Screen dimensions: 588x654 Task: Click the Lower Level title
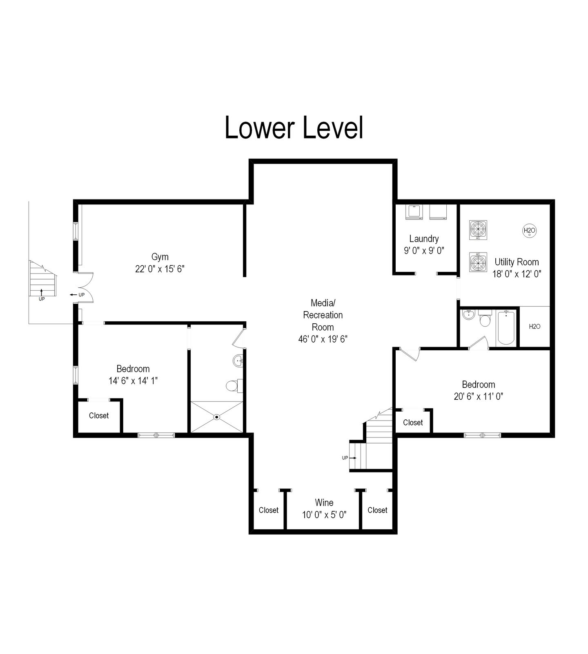[x=294, y=128]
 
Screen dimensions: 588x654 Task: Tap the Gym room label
[x=160, y=257]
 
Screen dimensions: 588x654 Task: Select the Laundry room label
[x=424, y=239]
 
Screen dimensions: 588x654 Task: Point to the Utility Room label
[x=517, y=262]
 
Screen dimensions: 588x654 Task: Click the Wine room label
[x=324, y=503]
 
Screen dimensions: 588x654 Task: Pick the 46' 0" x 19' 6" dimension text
[x=323, y=339]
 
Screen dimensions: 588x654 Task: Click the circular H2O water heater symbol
[x=530, y=231]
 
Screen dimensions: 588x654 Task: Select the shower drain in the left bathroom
[x=217, y=417]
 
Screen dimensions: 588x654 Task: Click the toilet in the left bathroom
[x=234, y=385]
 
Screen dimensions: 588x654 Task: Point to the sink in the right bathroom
[x=468, y=315]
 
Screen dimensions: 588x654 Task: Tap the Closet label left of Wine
[x=269, y=510]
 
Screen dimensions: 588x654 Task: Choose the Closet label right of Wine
[x=377, y=510]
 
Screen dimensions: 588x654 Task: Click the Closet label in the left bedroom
[x=99, y=416]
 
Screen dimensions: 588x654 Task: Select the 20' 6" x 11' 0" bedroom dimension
[x=479, y=396]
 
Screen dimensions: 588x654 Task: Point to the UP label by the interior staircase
[x=345, y=458]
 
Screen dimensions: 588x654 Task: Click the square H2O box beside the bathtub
[x=535, y=327]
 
